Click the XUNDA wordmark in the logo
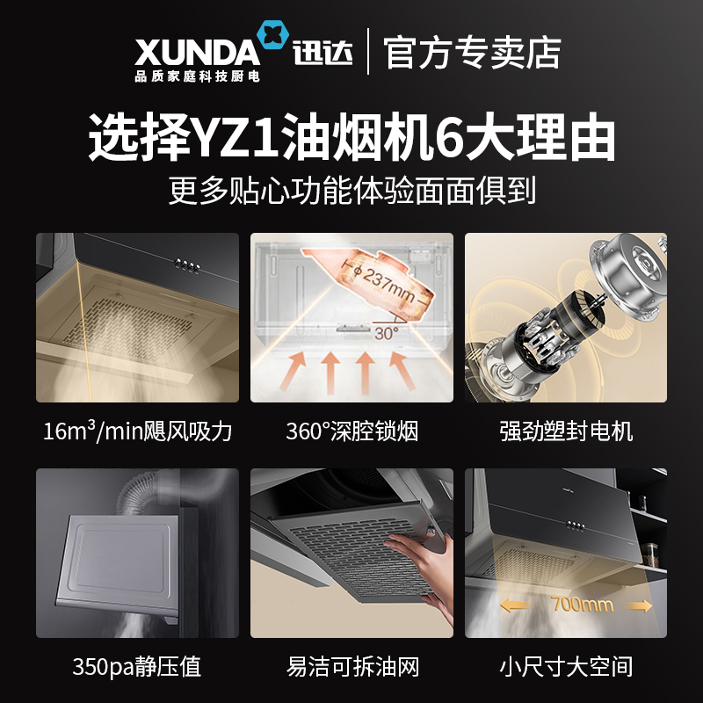coord(197,53)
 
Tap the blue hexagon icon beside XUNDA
coord(272,35)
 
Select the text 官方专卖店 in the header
coord(472,53)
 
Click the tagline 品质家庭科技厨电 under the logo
coord(197,76)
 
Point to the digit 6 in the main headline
coord(449,137)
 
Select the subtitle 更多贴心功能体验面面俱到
coord(352,192)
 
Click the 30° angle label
coord(387,333)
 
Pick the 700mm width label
coord(582,605)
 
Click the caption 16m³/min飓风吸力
coord(137,431)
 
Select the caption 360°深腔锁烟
coord(352,431)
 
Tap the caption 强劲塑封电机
coord(566,431)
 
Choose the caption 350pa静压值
coord(137,666)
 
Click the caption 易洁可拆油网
coord(353,666)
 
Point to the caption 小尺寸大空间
coord(566,666)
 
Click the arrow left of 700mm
coord(516,606)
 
